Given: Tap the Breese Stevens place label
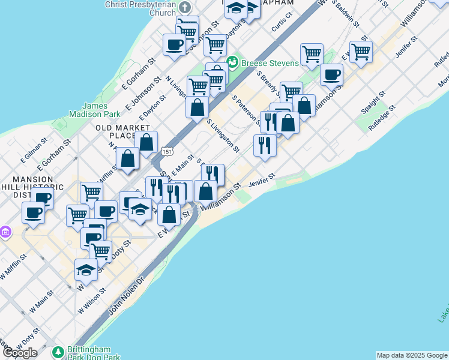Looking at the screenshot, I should [270, 63].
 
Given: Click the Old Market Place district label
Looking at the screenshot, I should [122, 131].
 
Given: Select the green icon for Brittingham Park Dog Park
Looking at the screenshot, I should [58, 352].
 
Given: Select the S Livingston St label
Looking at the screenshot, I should [223, 136].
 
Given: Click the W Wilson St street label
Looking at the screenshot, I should [92, 299].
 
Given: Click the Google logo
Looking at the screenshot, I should [20, 352].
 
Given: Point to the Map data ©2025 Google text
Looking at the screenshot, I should [412, 355].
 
